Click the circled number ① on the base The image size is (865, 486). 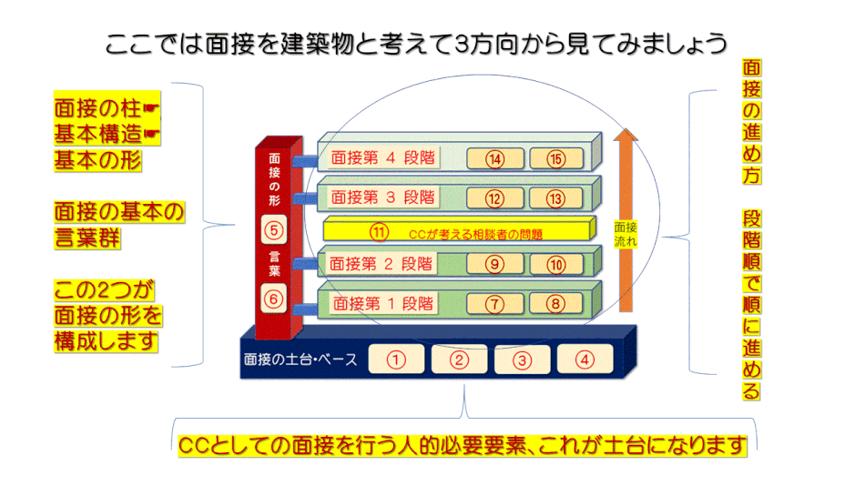[x=396, y=359]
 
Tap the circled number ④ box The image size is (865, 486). [x=585, y=359]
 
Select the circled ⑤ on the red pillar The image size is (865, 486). [x=274, y=230]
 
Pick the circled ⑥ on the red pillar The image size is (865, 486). [x=274, y=299]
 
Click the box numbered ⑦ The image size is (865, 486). [x=494, y=303]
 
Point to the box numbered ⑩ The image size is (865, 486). [x=556, y=265]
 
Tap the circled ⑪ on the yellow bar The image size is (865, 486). [x=379, y=232]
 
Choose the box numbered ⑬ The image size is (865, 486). [x=556, y=198]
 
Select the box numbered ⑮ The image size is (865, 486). [x=556, y=159]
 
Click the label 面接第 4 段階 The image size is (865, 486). [x=382, y=157]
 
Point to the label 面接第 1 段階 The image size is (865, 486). [x=382, y=303]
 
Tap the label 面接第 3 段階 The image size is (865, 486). [x=382, y=197]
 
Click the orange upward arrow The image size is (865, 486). [x=626, y=220]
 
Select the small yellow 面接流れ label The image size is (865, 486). [x=626, y=234]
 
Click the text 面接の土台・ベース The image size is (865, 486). [x=300, y=359]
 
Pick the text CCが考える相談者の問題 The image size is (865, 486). [x=475, y=235]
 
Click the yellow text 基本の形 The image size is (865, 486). [x=97, y=160]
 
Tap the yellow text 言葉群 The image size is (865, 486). [x=87, y=238]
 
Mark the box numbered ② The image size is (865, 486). [x=459, y=359]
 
